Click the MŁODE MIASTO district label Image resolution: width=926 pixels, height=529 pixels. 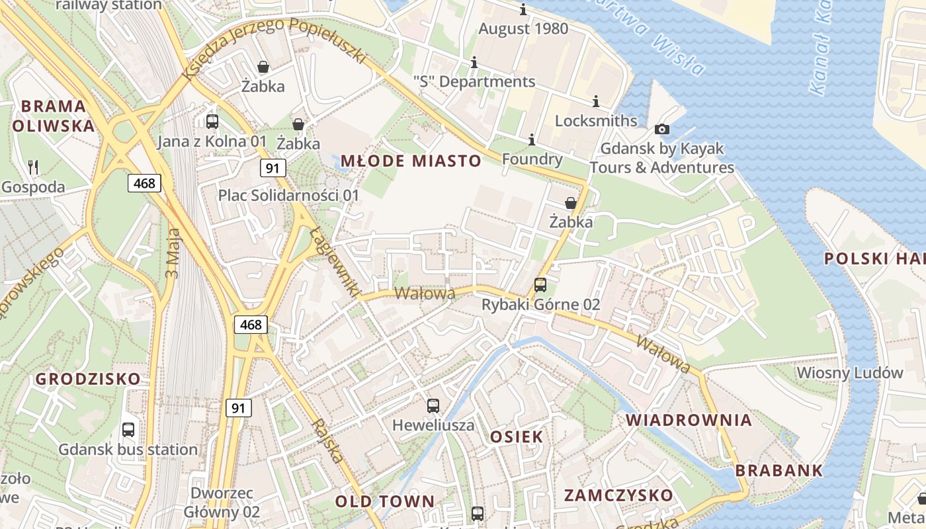pyautogui.click(x=411, y=161)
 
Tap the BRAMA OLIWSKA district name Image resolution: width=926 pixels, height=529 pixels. pyautogui.click(x=54, y=116)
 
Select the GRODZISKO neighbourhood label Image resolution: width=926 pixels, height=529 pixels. pyautogui.click(x=88, y=379)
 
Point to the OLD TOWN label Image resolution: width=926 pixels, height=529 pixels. pyautogui.click(x=385, y=501)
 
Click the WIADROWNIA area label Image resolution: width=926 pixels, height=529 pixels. pyautogui.click(x=689, y=420)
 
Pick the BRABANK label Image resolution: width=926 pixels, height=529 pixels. pyautogui.click(x=779, y=471)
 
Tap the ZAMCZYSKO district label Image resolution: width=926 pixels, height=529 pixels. pyautogui.click(x=618, y=495)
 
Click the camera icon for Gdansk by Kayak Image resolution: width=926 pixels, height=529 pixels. pyautogui.click(x=662, y=129)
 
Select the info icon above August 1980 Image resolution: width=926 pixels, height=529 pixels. pyautogui.click(x=523, y=10)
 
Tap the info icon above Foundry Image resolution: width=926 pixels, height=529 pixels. pyautogui.click(x=532, y=140)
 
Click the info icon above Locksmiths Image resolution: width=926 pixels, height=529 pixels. pyautogui.click(x=596, y=101)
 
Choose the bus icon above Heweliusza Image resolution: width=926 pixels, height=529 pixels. pyautogui.click(x=433, y=405)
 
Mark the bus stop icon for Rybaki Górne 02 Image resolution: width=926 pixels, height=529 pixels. pyautogui.click(x=540, y=285)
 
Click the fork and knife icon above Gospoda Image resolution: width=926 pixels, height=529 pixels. pyautogui.click(x=33, y=167)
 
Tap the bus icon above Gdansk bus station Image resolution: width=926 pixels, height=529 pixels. pyautogui.click(x=128, y=429)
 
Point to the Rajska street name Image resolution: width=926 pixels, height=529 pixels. pyautogui.click(x=328, y=441)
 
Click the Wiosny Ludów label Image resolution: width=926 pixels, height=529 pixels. pyautogui.click(x=850, y=372)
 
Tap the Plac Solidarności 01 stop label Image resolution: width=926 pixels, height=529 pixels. pyautogui.click(x=288, y=196)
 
